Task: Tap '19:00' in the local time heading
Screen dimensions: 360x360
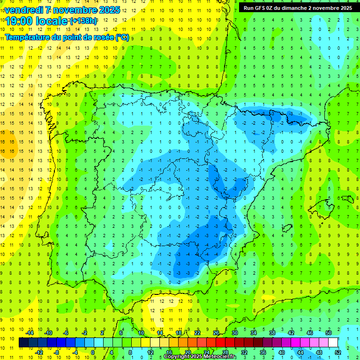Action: (x=19, y=21)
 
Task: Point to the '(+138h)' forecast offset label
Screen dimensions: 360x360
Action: (x=84, y=21)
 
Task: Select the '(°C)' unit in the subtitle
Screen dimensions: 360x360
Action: (x=122, y=37)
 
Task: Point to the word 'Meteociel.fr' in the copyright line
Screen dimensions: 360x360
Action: (x=220, y=357)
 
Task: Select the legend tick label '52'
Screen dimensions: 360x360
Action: (x=337, y=352)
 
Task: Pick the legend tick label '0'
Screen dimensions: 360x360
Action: (x=93, y=352)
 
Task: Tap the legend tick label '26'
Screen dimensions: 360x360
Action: (x=216, y=332)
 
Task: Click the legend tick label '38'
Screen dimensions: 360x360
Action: (x=272, y=332)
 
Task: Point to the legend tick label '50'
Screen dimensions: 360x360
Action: (x=329, y=332)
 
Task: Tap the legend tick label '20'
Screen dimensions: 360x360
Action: (x=187, y=352)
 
